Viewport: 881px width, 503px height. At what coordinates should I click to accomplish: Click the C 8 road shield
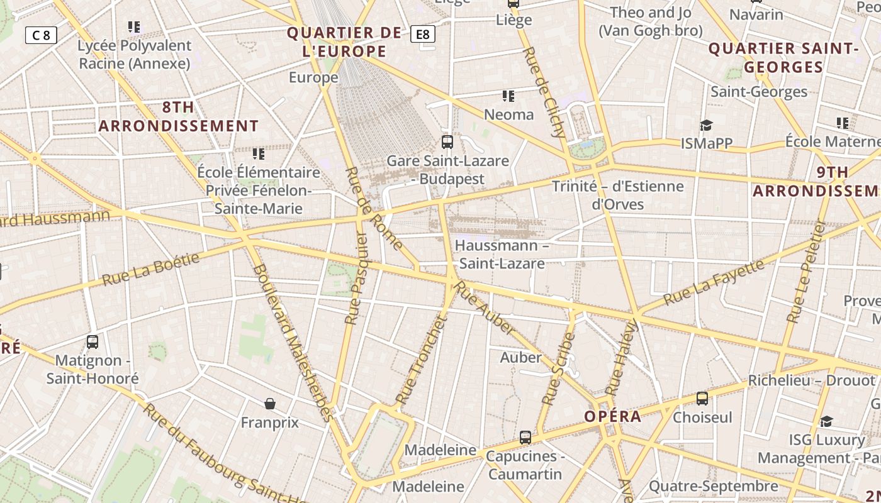pos(41,35)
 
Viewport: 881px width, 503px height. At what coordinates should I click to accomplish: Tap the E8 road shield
pos(423,34)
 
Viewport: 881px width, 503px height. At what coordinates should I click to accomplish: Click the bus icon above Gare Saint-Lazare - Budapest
pos(447,142)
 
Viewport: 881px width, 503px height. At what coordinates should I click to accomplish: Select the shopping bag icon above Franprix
pos(270,404)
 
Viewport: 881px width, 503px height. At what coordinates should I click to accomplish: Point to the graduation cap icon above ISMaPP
pos(706,125)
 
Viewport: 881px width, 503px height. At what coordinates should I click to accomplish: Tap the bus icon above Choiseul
pos(702,399)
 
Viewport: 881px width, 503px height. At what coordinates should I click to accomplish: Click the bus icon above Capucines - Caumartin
pos(525,438)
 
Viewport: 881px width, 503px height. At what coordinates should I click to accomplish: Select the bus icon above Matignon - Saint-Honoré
pos(93,342)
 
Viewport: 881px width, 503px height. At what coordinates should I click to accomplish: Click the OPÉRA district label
pos(612,416)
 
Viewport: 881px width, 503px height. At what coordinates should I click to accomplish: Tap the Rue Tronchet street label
pos(421,360)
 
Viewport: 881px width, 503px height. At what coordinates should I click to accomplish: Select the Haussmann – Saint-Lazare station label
pos(502,254)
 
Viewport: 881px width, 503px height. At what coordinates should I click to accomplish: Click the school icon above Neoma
pos(508,96)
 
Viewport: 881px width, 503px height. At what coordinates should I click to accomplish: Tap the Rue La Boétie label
pos(151,268)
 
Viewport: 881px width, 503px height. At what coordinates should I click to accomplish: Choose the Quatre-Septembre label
pos(713,486)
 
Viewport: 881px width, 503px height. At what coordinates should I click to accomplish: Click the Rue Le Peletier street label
pos(805,272)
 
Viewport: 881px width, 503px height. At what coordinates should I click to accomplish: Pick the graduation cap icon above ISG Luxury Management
pos(826,421)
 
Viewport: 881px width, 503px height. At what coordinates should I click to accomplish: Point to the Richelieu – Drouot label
pos(811,380)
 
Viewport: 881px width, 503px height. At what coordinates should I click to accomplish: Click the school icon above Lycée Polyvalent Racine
pos(134,27)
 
